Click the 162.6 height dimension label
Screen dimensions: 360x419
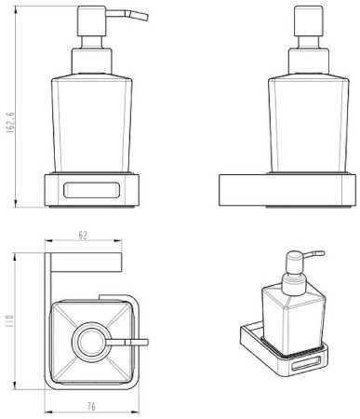tap(10, 123)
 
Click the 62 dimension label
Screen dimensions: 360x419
tap(83, 236)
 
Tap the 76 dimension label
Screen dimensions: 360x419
tap(91, 406)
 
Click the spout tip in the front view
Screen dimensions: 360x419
tap(146, 18)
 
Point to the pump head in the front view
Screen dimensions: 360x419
tap(92, 20)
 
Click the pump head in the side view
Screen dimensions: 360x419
tap(309, 20)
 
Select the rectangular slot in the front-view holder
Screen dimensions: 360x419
tap(91, 190)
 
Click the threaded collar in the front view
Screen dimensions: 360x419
tap(91, 61)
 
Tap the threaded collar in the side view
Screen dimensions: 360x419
tap(309, 61)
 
